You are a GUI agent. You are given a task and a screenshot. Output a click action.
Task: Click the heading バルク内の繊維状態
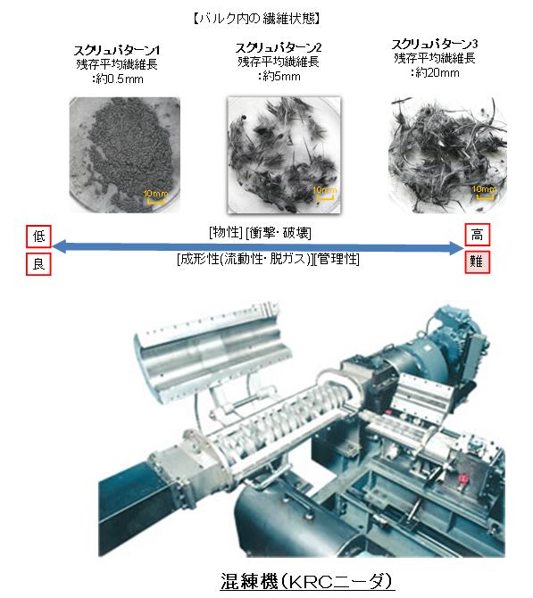(256, 19)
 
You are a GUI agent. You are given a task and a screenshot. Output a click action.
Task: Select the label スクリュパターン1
(117, 50)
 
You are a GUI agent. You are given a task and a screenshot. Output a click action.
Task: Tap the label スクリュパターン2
(279, 47)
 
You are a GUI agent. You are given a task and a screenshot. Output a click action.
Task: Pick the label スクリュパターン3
(435, 45)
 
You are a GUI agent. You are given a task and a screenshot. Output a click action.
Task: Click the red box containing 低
(38, 237)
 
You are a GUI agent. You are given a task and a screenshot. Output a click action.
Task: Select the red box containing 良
(38, 264)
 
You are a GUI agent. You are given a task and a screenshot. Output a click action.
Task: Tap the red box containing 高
(478, 235)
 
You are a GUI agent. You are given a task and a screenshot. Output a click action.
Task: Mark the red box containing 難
(478, 262)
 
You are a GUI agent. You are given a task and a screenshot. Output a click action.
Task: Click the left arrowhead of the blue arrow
(59, 246)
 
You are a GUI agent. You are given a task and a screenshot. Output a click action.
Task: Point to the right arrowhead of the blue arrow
(456, 248)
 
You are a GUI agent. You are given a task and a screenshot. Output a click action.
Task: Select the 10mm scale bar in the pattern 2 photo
(324, 197)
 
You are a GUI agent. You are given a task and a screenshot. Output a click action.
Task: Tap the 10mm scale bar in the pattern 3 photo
(485, 196)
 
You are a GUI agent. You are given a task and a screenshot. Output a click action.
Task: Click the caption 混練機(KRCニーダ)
(306, 581)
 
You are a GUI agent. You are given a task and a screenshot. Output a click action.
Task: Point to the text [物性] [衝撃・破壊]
(260, 232)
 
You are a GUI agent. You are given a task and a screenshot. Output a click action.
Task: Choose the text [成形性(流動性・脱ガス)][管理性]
(268, 260)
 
